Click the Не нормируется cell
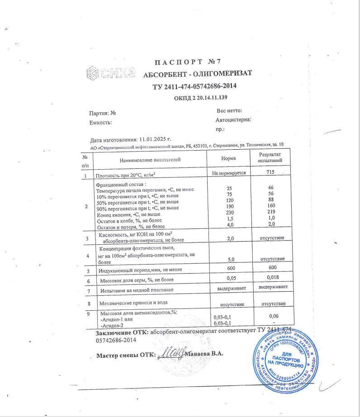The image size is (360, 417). pyautogui.click(x=228, y=173)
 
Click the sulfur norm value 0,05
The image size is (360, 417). pyautogui.click(x=231, y=278)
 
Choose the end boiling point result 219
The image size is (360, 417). pyautogui.click(x=270, y=212)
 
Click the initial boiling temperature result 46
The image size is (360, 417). pyautogui.click(x=270, y=186)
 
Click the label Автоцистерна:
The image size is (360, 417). pyautogui.click(x=233, y=120)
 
